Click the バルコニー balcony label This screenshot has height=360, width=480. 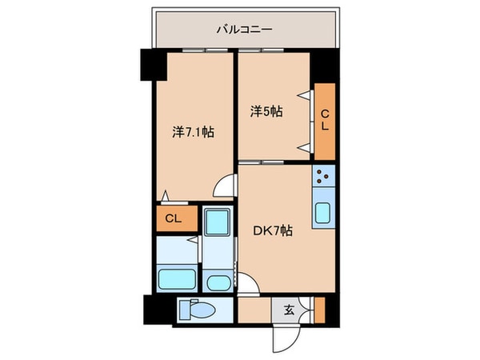(244, 30)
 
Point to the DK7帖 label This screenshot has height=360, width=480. (274, 231)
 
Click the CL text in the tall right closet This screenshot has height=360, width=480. (325, 122)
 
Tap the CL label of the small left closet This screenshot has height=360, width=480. (173, 218)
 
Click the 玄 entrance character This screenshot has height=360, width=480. (286, 308)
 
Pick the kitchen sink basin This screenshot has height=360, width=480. (324, 213)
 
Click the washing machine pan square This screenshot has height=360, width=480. (215, 222)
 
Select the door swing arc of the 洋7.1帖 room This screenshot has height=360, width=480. (226, 186)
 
